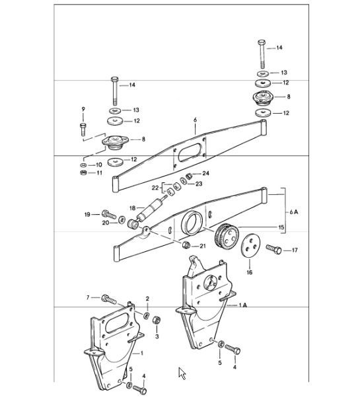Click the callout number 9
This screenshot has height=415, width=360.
click(x=83, y=108)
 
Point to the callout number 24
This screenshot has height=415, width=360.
click(x=206, y=174)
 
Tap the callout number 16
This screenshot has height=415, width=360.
click(x=250, y=271)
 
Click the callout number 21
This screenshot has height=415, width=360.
click(x=203, y=246)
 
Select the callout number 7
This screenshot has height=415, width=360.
click(x=87, y=298)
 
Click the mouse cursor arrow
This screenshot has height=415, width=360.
click(x=182, y=374)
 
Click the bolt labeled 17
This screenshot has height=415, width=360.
click(x=273, y=250)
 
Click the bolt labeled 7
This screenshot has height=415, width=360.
click(x=109, y=299)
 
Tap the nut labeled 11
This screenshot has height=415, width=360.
click(x=83, y=173)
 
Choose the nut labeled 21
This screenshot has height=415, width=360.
click(x=187, y=246)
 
